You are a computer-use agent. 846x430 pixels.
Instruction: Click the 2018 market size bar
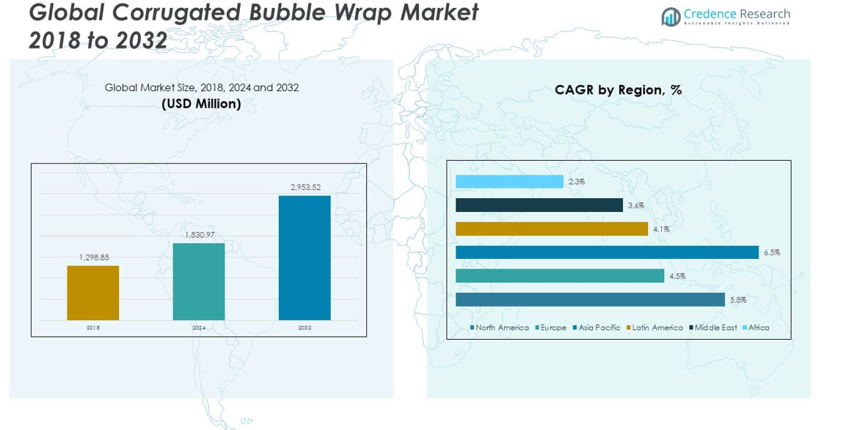[x=93, y=293]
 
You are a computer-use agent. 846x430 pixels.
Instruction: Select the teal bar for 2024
[x=199, y=282]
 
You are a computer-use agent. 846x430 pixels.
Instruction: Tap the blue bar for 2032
[x=305, y=258]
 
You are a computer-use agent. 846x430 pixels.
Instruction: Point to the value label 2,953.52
[x=305, y=187]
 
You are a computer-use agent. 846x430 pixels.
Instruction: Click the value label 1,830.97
[x=199, y=235]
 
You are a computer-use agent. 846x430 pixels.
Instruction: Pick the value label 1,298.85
[x=93, y=258]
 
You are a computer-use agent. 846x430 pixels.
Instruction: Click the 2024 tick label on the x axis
[x=199, y=328]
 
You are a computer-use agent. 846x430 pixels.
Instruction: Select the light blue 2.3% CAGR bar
[x=509, y=181]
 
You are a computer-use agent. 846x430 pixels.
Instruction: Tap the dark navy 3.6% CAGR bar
[x=539, y=205]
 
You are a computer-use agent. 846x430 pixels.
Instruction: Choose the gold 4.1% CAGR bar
[x=552, y=229]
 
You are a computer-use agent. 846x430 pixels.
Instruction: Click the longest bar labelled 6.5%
[x=607, y=252]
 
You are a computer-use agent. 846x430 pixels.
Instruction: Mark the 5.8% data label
[x=738, y=299]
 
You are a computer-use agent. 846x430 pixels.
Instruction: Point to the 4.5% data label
[x=677, y=276]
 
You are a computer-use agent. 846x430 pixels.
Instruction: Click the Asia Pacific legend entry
[x=599, y=328]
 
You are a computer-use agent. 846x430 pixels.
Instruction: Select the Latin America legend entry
[x=657, y=328]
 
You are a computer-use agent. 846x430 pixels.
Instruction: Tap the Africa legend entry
[x=758, y=328]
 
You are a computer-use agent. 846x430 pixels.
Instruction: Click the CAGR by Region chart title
[x=618, y=90]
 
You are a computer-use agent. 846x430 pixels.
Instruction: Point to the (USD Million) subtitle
[x=201, y=104]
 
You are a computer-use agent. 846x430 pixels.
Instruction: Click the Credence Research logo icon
[x=671, y=17]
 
